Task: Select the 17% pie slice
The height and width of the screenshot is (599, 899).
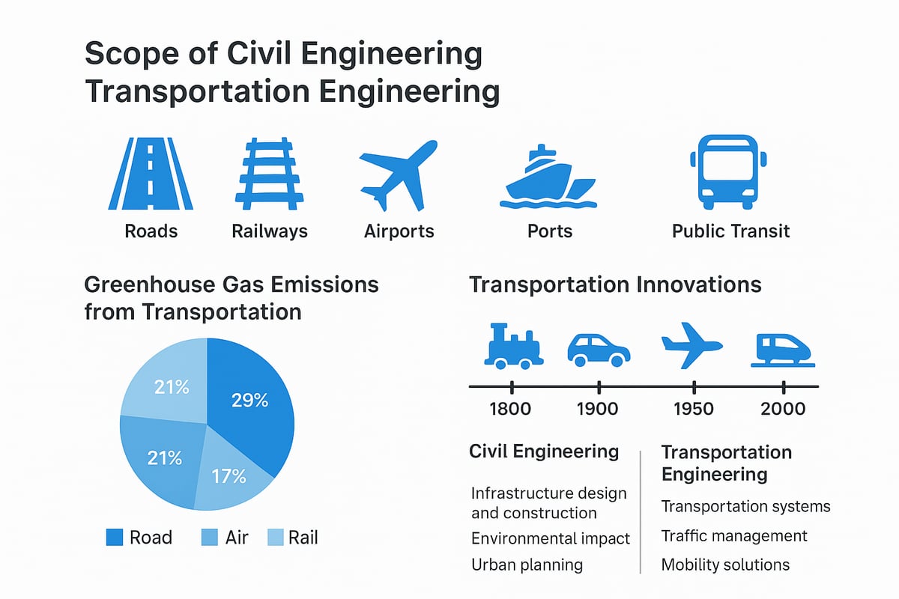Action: [x=228, y=479]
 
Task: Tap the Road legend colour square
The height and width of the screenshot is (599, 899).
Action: [x=115, y=537]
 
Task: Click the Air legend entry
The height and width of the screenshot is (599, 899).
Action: [x=225, y=537]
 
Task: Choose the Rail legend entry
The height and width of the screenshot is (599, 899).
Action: [x=297, y=537]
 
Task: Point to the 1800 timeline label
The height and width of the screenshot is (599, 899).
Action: [x=510, y=409]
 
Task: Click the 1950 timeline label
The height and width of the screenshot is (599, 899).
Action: [x=694, y=409]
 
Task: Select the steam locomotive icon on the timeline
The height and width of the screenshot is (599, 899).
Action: [x=514, y=347]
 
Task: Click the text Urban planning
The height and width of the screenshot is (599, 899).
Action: [x=527, y=564]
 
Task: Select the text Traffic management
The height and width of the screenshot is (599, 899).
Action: [x=733, y=536]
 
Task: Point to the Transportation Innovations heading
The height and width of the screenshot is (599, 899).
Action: [x=614, y=285]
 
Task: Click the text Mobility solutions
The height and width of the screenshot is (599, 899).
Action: [x=724, y=564]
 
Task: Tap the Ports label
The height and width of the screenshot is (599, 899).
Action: [x=549, y=231]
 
